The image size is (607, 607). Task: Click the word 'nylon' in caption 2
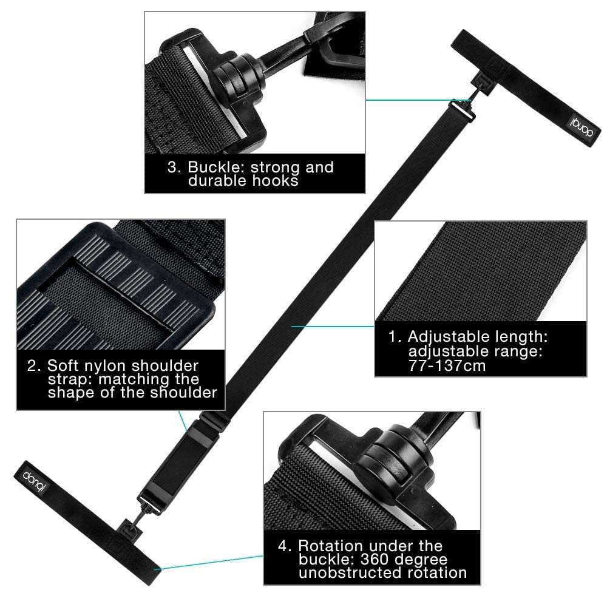click(x=116, y=365)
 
